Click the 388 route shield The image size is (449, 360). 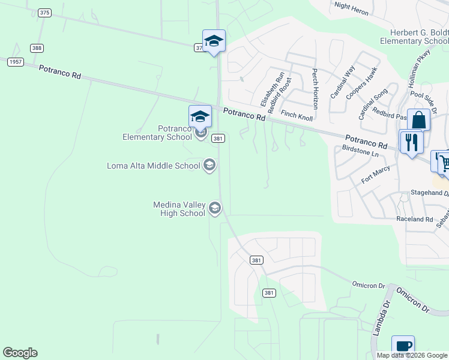[38, 48]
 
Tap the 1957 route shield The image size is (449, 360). [14, 62]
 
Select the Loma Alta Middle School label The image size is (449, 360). [153, 166]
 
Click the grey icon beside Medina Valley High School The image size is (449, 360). [215, 208]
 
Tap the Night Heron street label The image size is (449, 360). [351, 6]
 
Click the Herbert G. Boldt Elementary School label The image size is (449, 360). [414, 37]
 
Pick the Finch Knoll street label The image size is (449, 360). [297, 115]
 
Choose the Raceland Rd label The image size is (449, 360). [414, 220]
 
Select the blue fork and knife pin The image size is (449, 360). [411, 143]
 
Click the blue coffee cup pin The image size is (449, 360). [403, 346]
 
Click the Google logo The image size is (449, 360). [20, 353]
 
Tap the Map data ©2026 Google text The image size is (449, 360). [412, 355]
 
